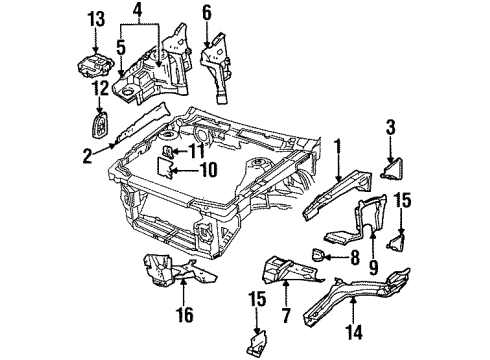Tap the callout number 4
[x=139, y=13]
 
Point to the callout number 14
[x=350, y=322]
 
